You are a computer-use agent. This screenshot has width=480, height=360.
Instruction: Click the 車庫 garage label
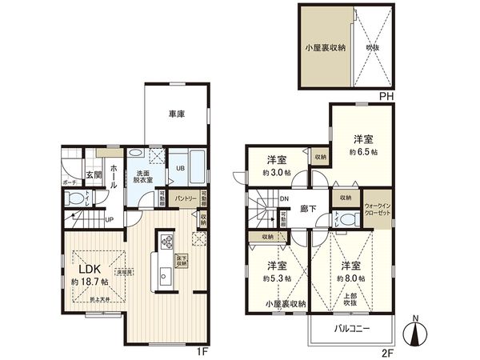[x=177, y=114]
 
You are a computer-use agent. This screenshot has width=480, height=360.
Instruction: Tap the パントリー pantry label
[x=187, y=198]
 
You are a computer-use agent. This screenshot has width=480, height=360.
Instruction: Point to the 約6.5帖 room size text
[x=362, y=151]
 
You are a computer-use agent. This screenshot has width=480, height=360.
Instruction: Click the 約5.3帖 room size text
[x=277, y=278]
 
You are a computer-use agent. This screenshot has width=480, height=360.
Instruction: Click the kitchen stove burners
[x=167, y=239]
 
